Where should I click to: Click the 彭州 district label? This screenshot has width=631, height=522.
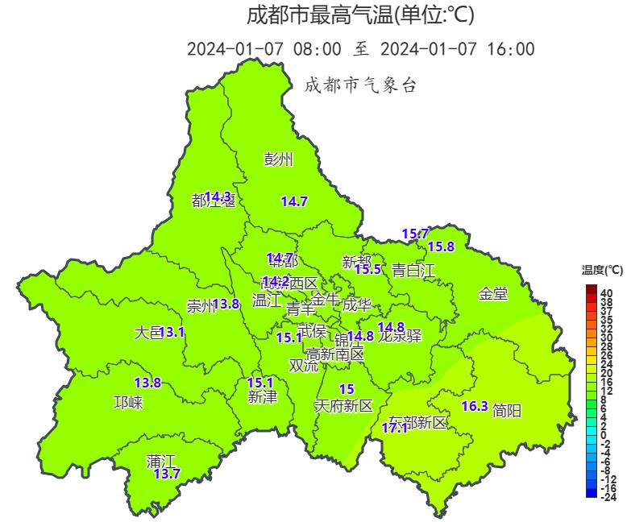(278, 159)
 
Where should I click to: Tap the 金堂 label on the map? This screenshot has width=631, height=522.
(493, 294)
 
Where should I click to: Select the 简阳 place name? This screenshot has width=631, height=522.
(506, 411)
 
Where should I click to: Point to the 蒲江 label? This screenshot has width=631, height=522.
(161, 462)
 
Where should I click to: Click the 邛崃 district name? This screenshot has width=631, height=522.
(128, 403)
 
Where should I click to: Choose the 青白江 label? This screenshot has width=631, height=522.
(413, 271)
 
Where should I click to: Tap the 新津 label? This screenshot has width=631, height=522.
(263, 397)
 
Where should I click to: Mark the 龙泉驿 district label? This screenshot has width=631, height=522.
(400, 337)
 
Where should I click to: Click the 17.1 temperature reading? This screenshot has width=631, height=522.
(395, 428)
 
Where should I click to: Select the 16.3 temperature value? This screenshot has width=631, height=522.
(475, 407)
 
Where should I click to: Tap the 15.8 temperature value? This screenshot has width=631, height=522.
(441, 246)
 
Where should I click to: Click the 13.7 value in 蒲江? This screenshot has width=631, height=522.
(167, 474)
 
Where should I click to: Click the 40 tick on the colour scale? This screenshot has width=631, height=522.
(606, 292)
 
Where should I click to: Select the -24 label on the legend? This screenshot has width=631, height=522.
(608, 497)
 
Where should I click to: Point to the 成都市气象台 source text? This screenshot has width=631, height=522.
(360, 85)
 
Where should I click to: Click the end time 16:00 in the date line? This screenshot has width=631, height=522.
(511, 49)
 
